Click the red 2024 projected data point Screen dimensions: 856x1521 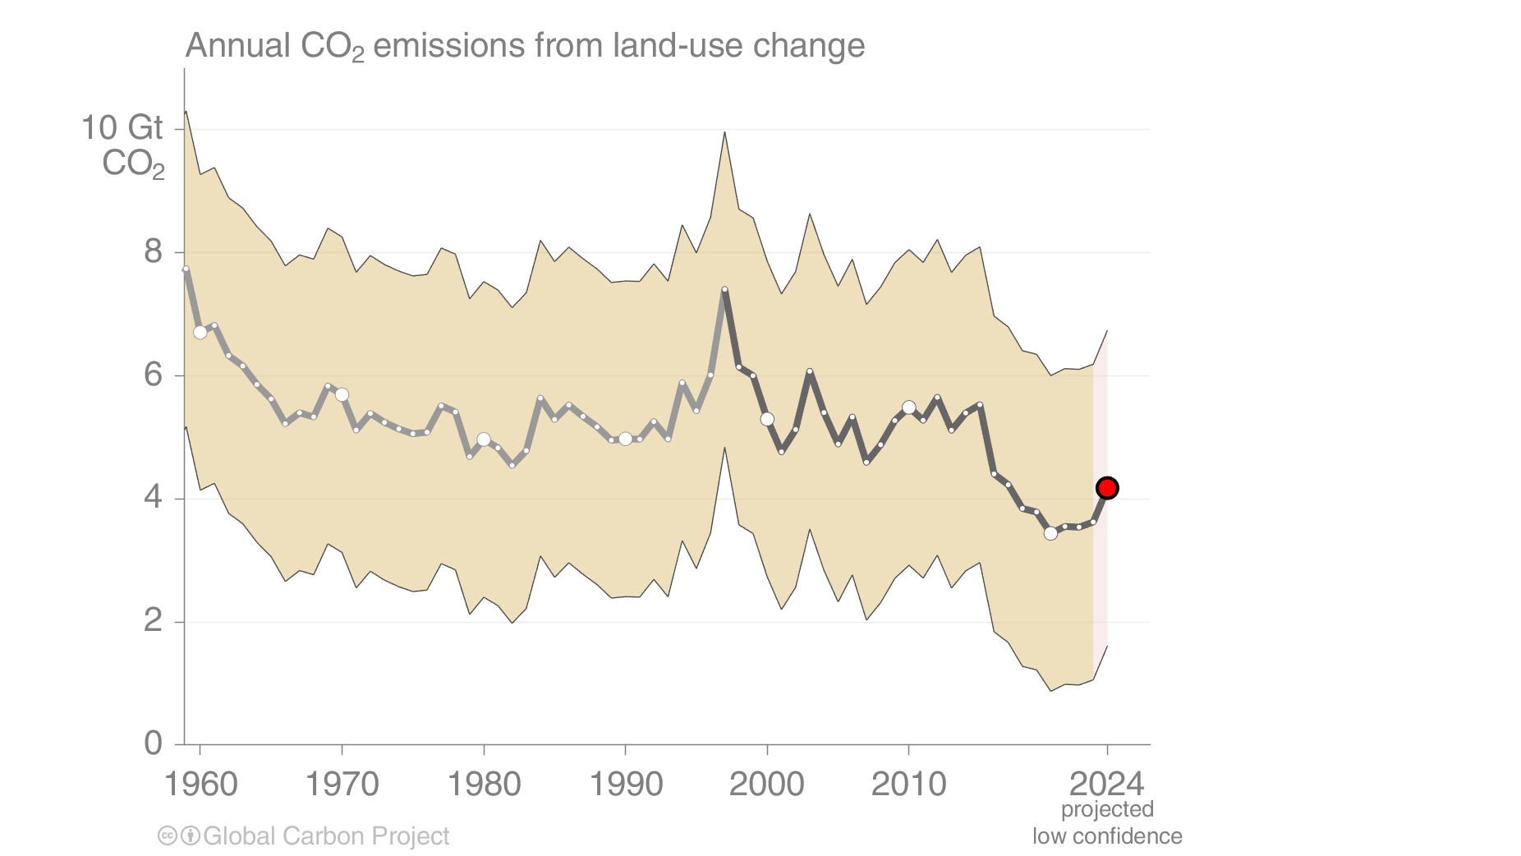[1107, 488]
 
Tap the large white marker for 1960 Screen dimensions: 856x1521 [200, 332]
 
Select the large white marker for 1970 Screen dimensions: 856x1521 [342, 395]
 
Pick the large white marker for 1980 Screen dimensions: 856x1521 [484, 440]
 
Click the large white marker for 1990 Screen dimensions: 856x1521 [626, 439]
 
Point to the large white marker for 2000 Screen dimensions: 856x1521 [767, 419]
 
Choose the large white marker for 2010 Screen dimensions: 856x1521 [908, 407]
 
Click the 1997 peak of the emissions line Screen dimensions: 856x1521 [724, 289]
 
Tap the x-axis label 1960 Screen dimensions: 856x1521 [200, 785]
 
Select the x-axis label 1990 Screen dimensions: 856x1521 [626, 785]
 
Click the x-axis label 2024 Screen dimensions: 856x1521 [1107, 785]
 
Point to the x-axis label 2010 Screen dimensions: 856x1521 [908, 785]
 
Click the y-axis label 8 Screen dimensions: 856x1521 [153, 251]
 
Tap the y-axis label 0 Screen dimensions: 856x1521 [153, 743]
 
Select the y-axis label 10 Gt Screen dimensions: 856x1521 [122, 128]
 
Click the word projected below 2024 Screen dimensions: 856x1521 [1107, 810]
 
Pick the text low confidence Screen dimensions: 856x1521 [1107, 836]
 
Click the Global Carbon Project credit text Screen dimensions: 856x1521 [326, 836]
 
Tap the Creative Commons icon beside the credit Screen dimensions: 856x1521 [168, 836]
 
